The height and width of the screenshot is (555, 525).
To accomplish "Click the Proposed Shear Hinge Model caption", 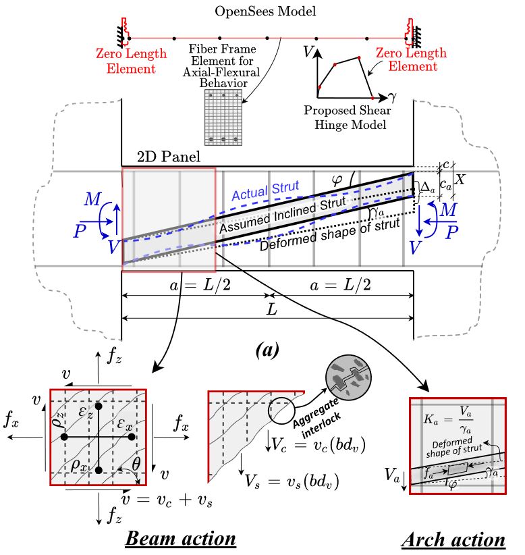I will (x=348, y=116).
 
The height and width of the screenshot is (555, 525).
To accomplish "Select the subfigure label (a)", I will (x=267, y=350).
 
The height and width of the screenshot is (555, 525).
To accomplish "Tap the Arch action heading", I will (x=453, y=539).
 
